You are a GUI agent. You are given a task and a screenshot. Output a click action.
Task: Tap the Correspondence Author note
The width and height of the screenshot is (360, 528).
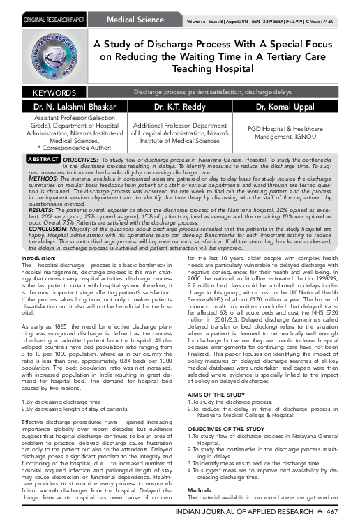click(x=66, y=149)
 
